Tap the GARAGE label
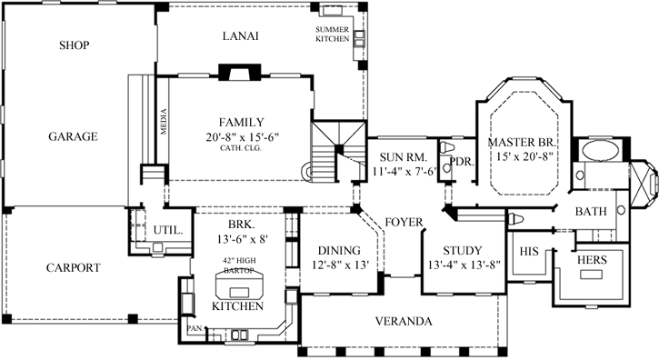pyautogui.click(x=74, y=136)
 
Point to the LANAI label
pyautogui.click(x=240, y=36)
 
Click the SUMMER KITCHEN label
pyautogui.click(x=332, y=35)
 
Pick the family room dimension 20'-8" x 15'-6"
pyautogui.click(x=241, y=137)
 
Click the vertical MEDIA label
pyautogui.click(x=164, y=123)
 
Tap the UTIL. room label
pyautogui.click(x=168, y=231)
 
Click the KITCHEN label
pyautogui.click(x=237, y=306)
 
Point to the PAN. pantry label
pyautogui.click(x=194, y=327)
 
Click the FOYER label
pyautogui.click(x=403, y=222)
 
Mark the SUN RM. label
pyautogui.click(x=400, y=155)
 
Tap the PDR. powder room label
pyautogui.click(x=463, y=162)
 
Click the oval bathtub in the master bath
pyautogui.click(x=599, y=150)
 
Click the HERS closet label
pyautogui.click(x=592, y=260)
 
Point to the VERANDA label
pyautogui.click(x=405, y=322)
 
